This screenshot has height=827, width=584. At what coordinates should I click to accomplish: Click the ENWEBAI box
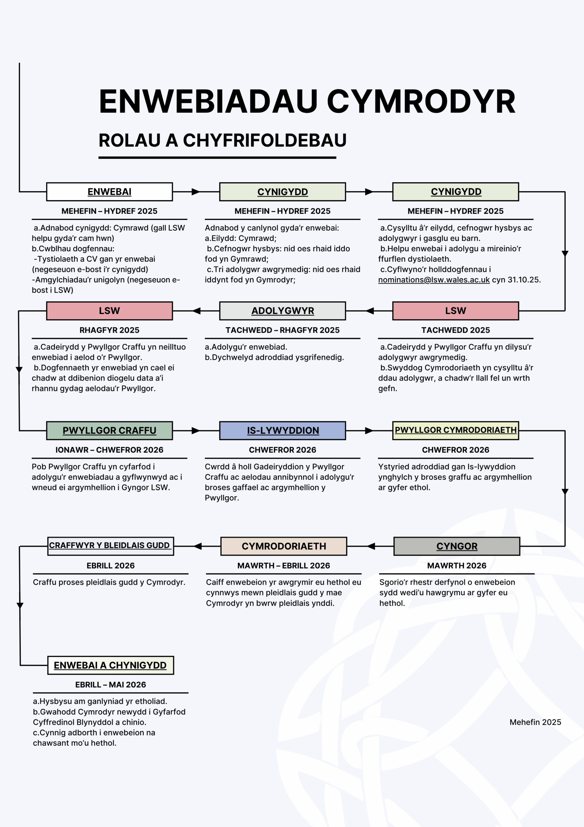coord(109,192)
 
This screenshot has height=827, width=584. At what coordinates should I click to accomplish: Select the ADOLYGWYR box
coord(282,310)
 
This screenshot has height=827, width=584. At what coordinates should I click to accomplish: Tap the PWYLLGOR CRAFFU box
coord(109,430)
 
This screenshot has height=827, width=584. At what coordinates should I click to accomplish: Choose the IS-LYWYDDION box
coord(282,430)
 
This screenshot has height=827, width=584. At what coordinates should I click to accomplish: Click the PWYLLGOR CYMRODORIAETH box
coord(456,430)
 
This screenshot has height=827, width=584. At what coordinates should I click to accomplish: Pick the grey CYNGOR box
coord(457,546)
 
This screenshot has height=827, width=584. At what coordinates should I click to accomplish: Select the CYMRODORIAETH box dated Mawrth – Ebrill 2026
coord(284,546)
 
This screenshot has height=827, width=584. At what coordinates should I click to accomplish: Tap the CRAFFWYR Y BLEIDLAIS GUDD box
coord(110,546)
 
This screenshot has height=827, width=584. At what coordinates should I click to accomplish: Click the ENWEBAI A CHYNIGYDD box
coord(110,665)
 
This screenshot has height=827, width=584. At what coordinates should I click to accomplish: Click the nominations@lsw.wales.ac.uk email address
coord(434,280)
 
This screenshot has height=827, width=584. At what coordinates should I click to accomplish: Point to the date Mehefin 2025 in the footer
coord(535,722)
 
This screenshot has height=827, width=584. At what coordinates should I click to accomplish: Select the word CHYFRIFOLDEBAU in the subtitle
coord(265,141)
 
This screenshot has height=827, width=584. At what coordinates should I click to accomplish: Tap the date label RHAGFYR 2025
coord(109,330)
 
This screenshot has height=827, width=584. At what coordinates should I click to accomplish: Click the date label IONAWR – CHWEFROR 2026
coord(109,450)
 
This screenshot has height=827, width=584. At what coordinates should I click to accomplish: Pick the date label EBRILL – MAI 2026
coord(110,685)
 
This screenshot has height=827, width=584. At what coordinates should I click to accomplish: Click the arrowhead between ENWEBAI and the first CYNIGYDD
coord(196,192)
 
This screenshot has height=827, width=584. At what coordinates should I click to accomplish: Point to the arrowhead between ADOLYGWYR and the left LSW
coord(196,310)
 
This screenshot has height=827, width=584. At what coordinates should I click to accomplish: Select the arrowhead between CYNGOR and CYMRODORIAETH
coord(371,546)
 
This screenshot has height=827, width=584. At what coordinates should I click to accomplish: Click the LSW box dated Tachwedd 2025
coord(456,310)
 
